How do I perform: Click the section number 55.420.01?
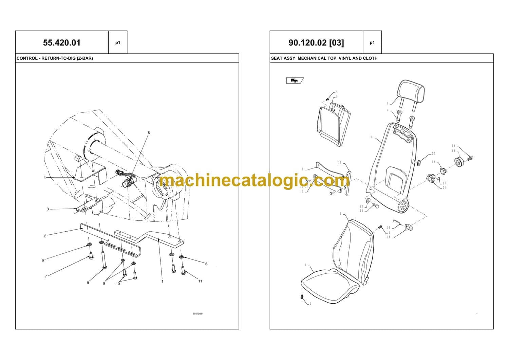[62, 43]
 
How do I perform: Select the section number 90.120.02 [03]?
[316, 43]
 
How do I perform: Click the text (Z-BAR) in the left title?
[85, 58]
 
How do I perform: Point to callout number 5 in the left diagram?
[149, 133]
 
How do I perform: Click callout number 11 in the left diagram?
[200, 281]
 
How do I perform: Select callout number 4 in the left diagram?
[44, 178]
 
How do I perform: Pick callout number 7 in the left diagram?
[46, 276]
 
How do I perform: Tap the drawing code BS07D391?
[198, 313]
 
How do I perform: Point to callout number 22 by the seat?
[433, 154]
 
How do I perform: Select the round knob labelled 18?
[459, 162]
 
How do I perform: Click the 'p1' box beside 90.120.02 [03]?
[372, 42]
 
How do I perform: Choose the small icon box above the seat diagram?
[295, 80]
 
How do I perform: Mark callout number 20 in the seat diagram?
[433, 162]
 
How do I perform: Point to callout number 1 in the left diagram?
[163, 282]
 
